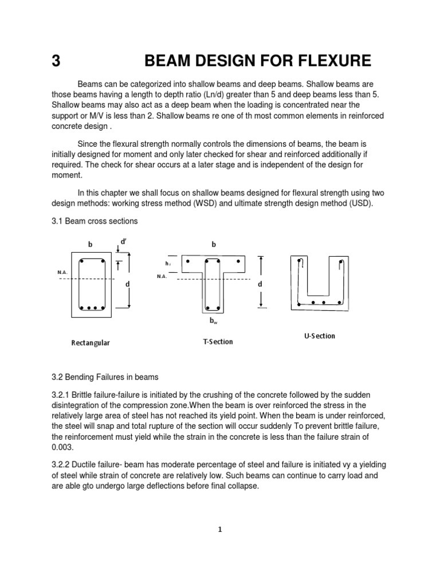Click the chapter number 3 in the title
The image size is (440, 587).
coord(56,60)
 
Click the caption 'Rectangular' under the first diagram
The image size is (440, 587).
coord(91,343)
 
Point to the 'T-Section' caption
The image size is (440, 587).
coord(218,342)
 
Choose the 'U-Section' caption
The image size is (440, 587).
coord(319,336)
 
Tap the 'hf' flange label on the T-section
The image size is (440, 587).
coord(168,264)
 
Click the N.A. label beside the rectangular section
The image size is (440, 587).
coord(63,272)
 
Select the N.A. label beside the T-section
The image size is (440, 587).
coord(162,276)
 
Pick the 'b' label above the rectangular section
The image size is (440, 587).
coord(89,245)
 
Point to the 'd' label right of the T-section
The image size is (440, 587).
coord(260,284)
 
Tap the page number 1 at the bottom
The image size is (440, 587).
coord(219,530)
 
